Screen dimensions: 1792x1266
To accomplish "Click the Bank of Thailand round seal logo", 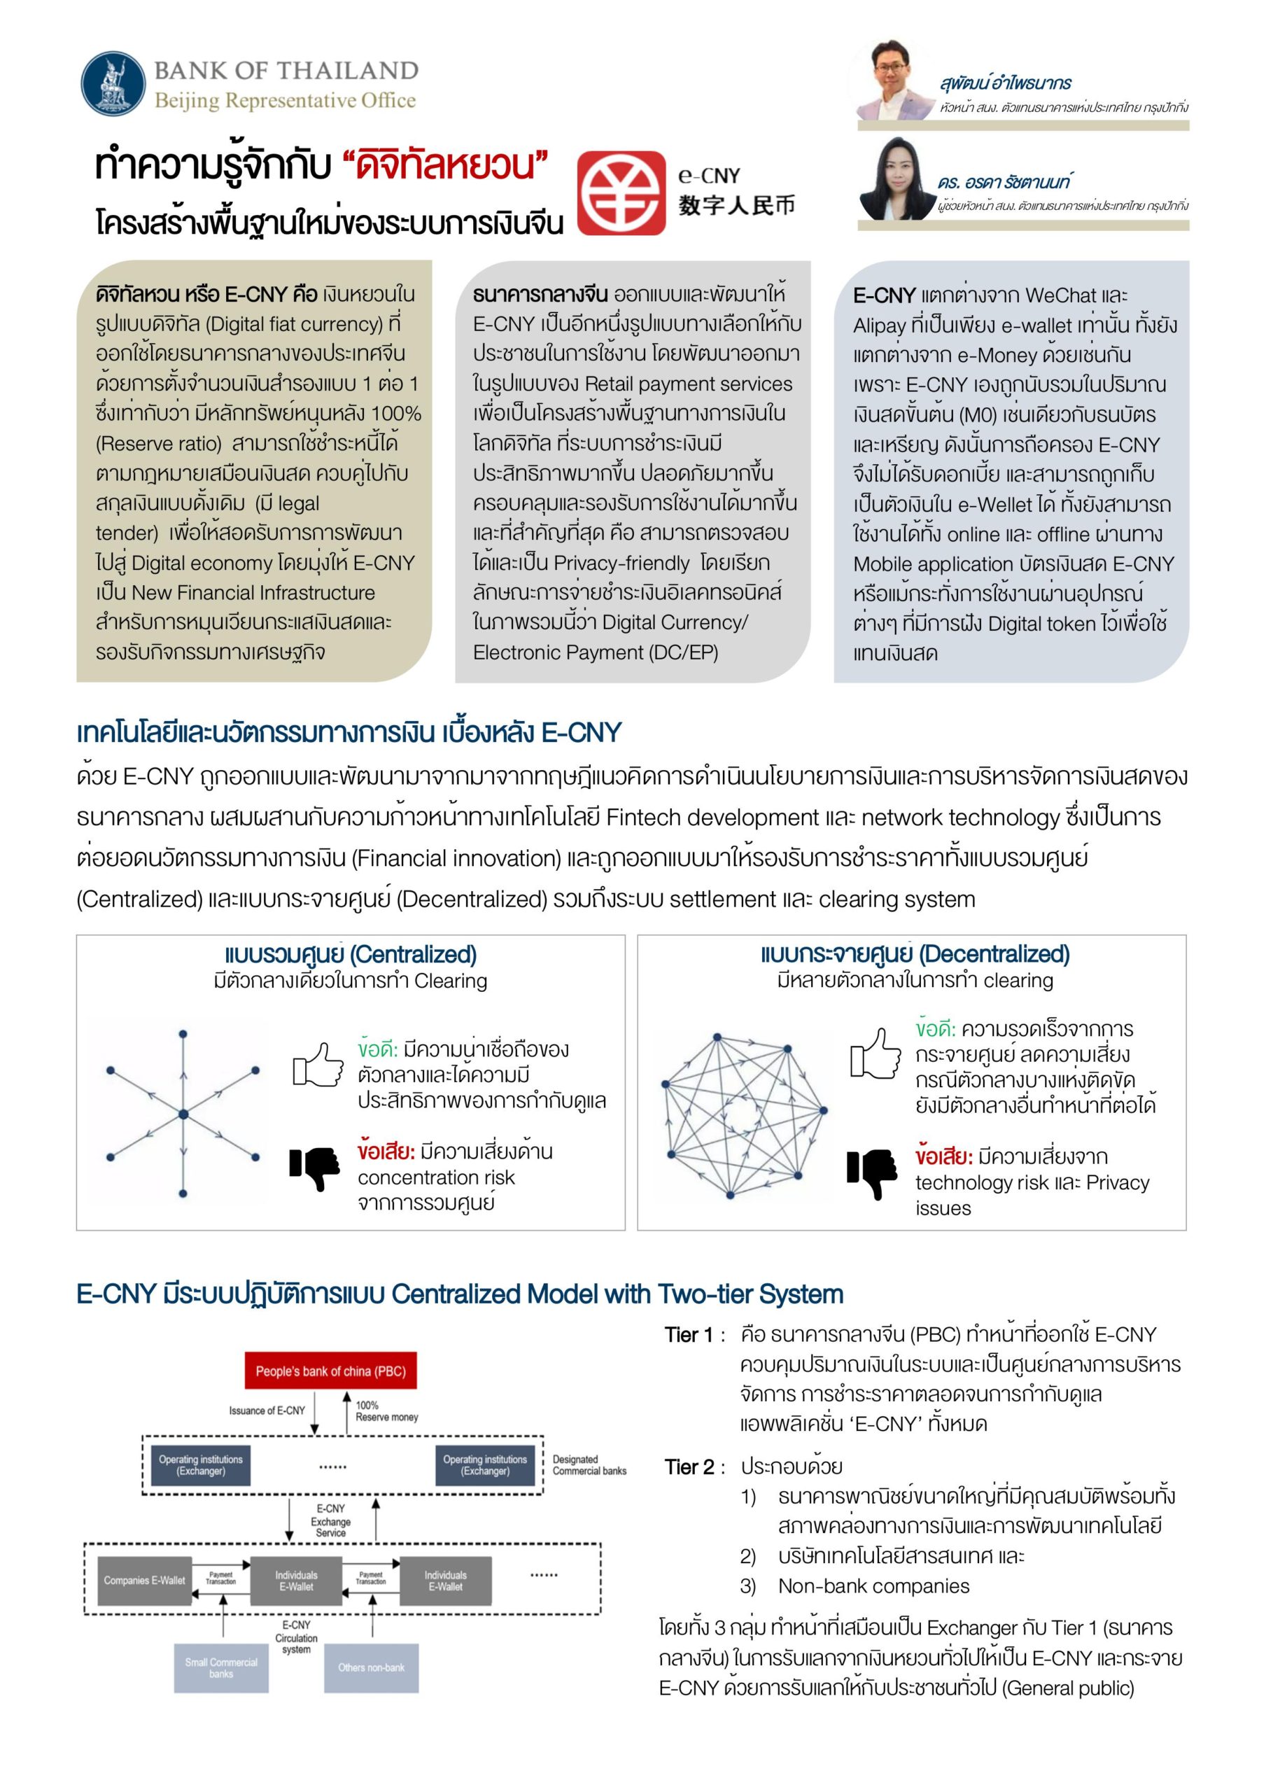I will [113, 83].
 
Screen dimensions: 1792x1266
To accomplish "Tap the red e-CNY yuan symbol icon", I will [621, 192].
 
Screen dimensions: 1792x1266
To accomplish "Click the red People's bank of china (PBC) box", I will [330, 1371].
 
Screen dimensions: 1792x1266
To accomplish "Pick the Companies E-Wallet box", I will [144, 1581].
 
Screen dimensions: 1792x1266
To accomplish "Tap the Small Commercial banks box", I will [221, 1668].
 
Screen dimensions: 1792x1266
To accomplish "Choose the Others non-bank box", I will [371, 1668].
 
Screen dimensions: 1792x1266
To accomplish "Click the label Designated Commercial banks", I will [589, 1465].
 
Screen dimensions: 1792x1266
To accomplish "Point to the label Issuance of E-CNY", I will [267, 1410].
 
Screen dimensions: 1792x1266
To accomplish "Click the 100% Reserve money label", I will [386, 1410].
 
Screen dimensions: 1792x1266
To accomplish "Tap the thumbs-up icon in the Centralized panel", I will [318, 1064].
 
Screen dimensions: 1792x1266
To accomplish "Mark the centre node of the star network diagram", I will [183, 1114].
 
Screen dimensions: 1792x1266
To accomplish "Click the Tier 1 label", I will [689, 1336].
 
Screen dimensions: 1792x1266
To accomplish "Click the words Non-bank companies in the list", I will [873, 1586].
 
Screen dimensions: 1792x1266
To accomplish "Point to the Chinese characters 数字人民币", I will [736, 205].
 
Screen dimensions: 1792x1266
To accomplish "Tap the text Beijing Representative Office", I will [285, 101].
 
